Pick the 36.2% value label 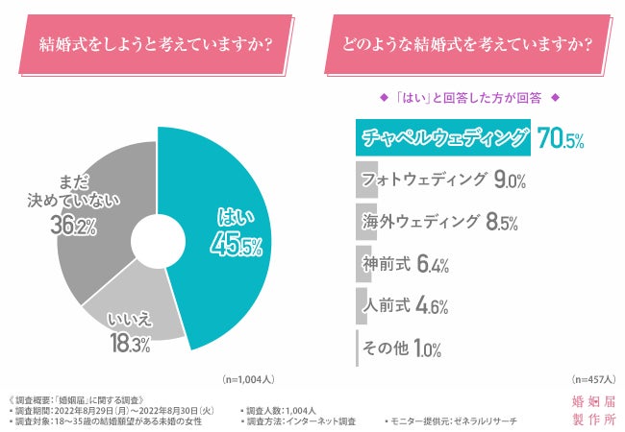(x=71, y=227)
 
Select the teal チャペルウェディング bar (x=442, y=138)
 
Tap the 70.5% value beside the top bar (x=560, y=140)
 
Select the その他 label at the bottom (x=386, y=348)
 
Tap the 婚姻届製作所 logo (x=590, y=410)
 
